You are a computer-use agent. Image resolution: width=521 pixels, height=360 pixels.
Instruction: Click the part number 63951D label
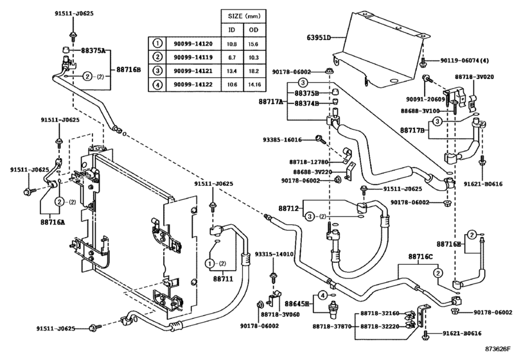pyautogui.click(x=319, y=37)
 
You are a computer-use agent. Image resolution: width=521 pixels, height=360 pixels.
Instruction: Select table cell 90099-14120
pyautogui.click(x=193, y=44)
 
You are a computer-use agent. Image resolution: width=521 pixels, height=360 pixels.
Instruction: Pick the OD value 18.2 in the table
pyautogui.click(x=254, y=71)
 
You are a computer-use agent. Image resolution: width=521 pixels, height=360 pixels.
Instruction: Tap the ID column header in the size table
pyautogui.click(x=232, y=30)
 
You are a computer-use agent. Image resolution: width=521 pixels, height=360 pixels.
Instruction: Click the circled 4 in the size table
pyautogui.click(x=158, y=84)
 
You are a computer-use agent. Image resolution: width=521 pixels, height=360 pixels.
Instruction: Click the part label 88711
pyautogui.click(x=223, y=279)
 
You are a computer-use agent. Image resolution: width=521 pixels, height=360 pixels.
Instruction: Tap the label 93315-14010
pyautogui.click(x=274, y=255)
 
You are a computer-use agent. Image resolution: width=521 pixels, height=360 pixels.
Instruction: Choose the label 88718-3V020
pyautogui.click(x=474, y=76)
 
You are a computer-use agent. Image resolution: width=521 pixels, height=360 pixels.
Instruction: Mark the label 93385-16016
pyautogui.click(x=283, y=140)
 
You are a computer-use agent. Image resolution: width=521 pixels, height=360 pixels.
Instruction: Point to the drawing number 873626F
pyautogui.click(x=498, y=348)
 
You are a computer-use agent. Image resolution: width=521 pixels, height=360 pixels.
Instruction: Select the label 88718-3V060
pyautogui.click(x=280, y=314)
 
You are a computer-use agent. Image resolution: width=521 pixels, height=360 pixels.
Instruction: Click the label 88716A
pyautogui.click(x=53, y=222)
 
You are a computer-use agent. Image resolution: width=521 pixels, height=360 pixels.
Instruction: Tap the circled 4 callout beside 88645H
pyautogui.click(x=322, y=295)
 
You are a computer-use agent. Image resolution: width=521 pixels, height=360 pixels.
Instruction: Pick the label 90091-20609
pyautogui.click(x=425, y=100)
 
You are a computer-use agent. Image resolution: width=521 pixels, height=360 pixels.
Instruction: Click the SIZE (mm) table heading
pyautogui.click(x=244, y=16)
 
